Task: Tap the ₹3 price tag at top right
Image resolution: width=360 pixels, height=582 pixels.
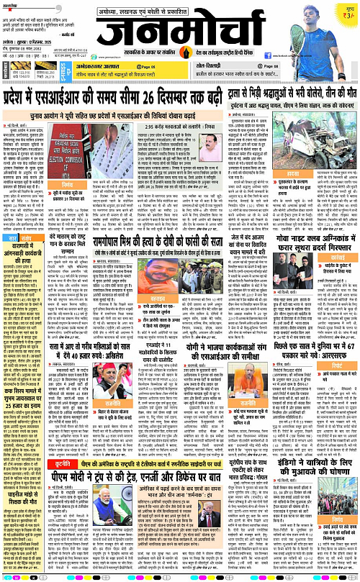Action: click(348, 14)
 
